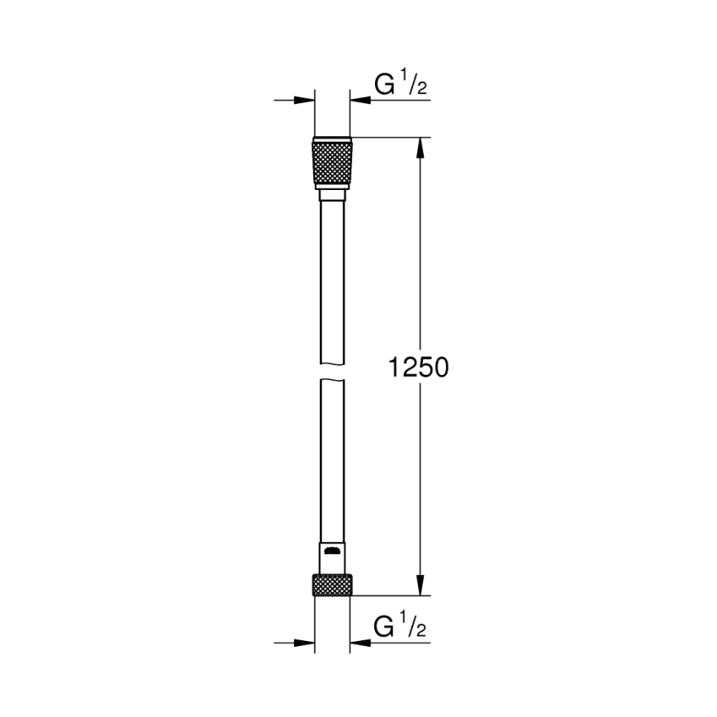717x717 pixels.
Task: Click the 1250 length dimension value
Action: pos(419,366)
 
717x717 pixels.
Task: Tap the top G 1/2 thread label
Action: pos(401,84)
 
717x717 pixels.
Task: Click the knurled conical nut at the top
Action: pos(332,164)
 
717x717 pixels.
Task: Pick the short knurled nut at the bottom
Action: pos(332,586)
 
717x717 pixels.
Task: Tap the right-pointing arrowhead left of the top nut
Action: pos(306,101)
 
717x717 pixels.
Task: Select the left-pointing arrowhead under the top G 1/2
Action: pos(360,101)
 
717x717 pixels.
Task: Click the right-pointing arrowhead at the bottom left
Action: pos(306,643)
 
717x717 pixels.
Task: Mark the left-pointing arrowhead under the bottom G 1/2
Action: pos(360,643)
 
